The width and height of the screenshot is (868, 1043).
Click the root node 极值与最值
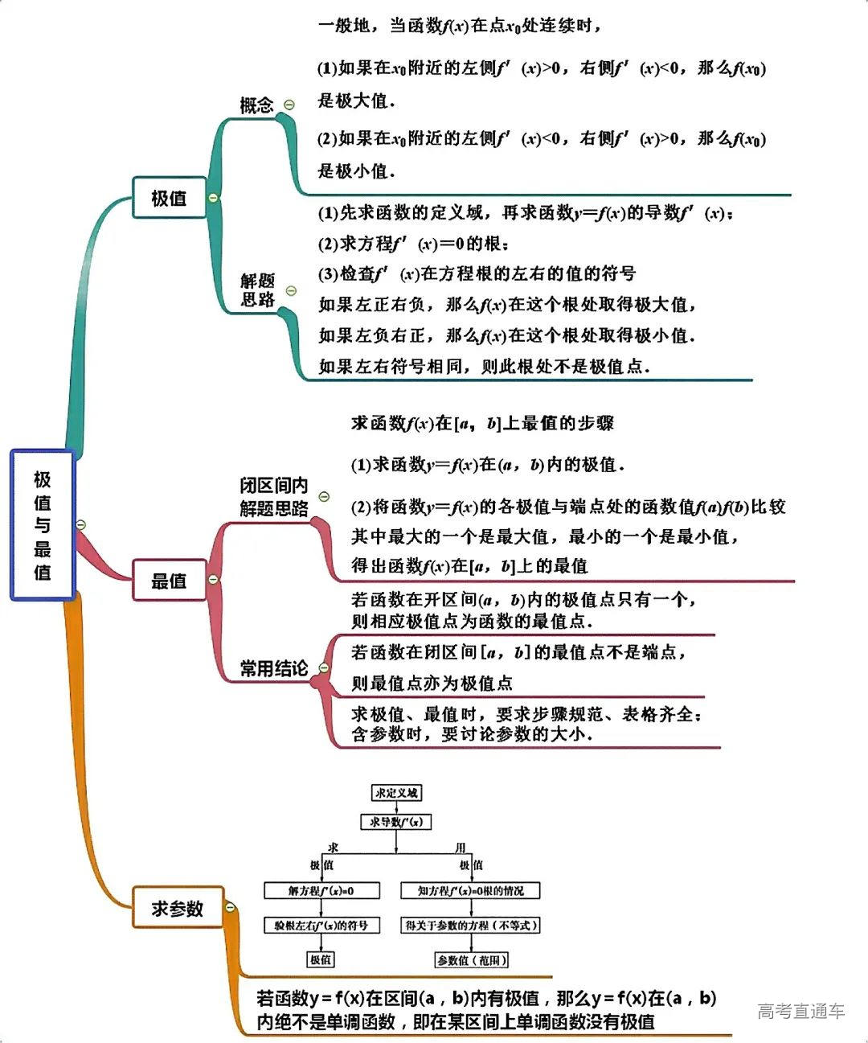click(43, 525)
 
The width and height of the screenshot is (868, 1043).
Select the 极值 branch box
click(169, 198)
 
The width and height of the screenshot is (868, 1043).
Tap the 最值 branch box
click(169, 580)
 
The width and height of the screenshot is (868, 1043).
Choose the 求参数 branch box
click(178, 908)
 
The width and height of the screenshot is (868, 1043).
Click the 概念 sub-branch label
click(256, 105)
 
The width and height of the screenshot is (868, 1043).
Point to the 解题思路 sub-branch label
click(257, 289)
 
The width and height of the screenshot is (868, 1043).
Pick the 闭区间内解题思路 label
click(273, 497)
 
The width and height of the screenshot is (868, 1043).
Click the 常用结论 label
click(273, 668)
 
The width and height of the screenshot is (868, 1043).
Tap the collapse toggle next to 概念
click(289, 105)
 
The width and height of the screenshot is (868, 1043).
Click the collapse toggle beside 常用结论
click(324, 667)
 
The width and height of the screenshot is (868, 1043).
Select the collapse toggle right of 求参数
click(231, 907)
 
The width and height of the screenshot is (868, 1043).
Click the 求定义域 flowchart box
click(397, 793)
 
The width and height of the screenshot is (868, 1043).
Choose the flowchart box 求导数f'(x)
click(397, 822)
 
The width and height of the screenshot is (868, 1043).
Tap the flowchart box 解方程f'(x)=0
click(321, 890)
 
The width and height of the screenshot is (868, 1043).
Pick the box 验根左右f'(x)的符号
click(321, 926)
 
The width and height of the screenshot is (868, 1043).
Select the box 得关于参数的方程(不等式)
click(471, 926)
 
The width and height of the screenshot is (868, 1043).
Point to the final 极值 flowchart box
click(321, 960)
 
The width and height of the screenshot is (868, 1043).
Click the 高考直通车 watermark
click(800, 1011)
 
